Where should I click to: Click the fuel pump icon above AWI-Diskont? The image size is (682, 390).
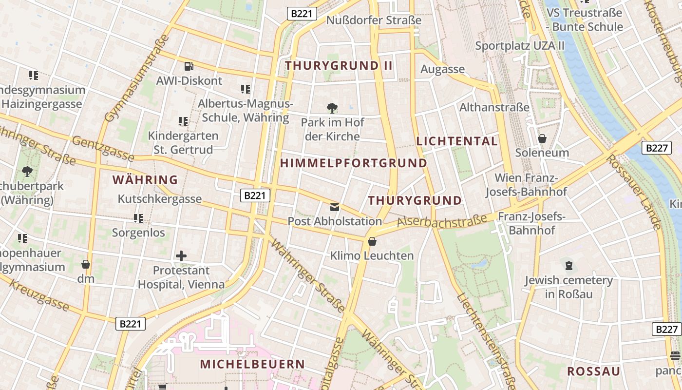click(189, 66)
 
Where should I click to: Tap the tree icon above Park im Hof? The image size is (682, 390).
click(332, 108)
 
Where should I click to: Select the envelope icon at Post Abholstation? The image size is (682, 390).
click(335, 207)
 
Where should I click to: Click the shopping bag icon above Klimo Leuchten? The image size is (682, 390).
click(372, 241)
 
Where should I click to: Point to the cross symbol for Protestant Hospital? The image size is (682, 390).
click(181, 255)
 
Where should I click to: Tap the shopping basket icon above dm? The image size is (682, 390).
click(86, 264)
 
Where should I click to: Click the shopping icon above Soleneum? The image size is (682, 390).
click(542, 138)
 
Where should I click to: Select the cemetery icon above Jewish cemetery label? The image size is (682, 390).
click(568, 266)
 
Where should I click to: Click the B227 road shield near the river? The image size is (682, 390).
click(656, 148)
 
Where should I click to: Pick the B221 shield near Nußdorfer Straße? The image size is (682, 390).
click(302, 14)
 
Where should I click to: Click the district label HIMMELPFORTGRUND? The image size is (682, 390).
click(354, 163)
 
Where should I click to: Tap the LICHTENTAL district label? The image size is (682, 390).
click(457, 141)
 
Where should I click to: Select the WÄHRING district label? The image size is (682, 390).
click(145, 180)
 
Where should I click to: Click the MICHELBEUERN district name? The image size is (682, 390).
click(252, 364)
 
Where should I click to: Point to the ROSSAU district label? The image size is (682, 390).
click(594, 371)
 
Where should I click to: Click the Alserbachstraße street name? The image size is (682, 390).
click(442, 220)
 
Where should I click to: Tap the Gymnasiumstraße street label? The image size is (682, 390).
click(137, 78)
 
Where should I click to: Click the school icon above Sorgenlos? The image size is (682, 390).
click(138, 218)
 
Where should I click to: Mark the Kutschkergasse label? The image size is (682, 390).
click(160, 199)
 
